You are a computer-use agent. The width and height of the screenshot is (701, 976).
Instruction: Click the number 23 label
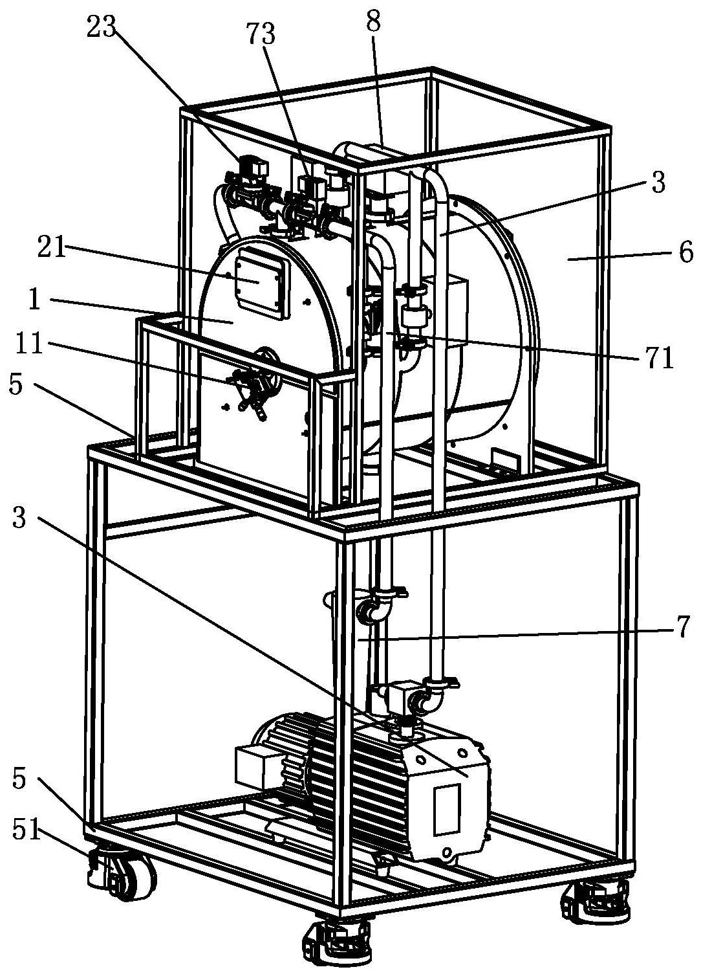[x=102, y=28]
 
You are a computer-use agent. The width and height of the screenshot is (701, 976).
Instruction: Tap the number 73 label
[x=261, y=34]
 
